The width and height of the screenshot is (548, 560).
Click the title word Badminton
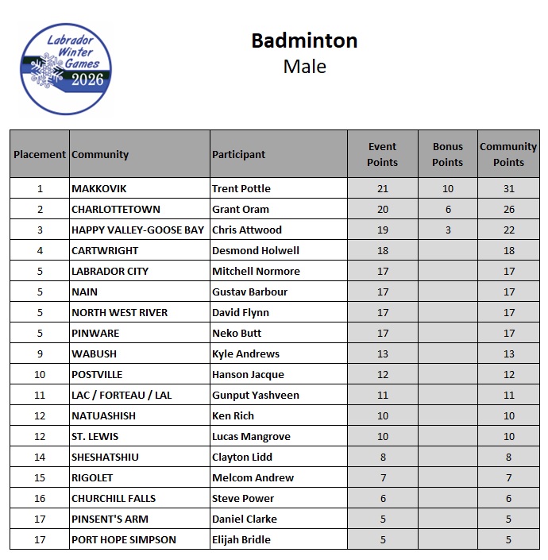pos(304,41)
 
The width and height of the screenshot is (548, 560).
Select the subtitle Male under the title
pos(304,66)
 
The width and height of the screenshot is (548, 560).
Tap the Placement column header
pos(40,154)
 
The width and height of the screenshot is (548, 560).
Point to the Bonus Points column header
pos(447,154)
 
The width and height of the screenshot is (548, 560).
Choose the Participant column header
pos(238,154)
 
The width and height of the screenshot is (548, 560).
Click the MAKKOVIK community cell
pos(99,188)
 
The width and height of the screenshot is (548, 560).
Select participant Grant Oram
pos(241,209)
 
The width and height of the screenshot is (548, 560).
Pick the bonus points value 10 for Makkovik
pos(447,188)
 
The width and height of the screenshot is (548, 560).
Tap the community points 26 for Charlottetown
pos(508,209)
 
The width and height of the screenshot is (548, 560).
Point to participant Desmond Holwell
pos(255,250)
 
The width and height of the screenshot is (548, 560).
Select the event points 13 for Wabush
pos(383,353)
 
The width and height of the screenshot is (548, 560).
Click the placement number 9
pos(40,353)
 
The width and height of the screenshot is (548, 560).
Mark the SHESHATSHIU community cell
pos(104,457)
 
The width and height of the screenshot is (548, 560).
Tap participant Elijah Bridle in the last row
pos(241,539)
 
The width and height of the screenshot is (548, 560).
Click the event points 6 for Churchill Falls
pos(383,498)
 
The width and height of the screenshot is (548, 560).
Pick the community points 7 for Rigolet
pos(508,477)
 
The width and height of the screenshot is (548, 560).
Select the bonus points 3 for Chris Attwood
pos(447,230)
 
